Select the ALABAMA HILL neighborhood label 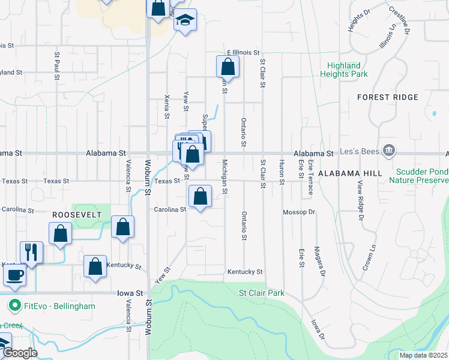click(350, 173)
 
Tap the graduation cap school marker click(185, 20)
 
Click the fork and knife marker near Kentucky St click(31, 252)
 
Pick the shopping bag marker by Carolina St click(200, 196)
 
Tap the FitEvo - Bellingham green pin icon click(14, 306)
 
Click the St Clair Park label click(261, 293)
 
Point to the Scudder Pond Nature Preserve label click(418, 175)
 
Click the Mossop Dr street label click(299, 212)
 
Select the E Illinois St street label click(243, 53)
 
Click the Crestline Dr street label click(399, 19)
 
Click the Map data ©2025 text click(423, 355)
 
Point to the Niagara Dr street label click(322, 263)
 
